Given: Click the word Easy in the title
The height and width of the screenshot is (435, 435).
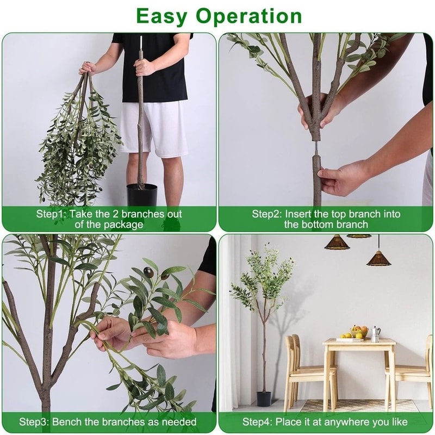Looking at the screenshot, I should (x=169, y=16).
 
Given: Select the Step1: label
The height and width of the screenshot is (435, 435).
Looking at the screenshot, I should (x=51, y=214).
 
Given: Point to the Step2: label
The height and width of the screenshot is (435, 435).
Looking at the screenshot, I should (x=266, y=214).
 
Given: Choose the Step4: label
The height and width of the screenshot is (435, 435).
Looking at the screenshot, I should (x=258, y=421).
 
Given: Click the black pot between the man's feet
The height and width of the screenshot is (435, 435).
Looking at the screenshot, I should (x=142, y=195).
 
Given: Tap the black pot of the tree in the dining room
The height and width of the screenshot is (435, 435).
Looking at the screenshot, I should (x=264, y=399).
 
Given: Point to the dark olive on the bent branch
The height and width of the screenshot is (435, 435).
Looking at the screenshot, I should (x=148, y=272).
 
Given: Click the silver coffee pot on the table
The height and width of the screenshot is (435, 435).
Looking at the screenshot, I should (x=375, y=333).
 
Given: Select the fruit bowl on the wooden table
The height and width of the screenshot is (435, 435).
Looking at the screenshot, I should (x=359, y=332).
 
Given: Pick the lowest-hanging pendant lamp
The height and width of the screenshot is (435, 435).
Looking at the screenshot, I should (x=379, y=258).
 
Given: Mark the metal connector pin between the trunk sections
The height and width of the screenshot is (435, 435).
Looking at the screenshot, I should (x=316, y=147).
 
